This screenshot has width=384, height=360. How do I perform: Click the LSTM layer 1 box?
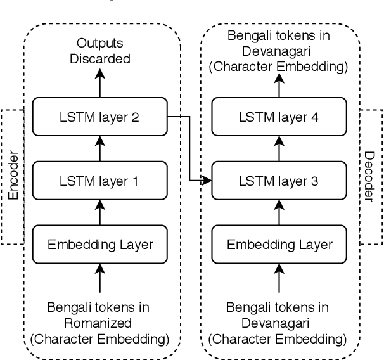[x=98, y=181]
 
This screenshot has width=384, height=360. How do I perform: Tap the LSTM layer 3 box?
[x=279, y=181]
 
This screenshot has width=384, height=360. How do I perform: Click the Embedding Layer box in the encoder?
[x=98, y=244]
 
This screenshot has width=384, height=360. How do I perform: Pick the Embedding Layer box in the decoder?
[x=279, y=244]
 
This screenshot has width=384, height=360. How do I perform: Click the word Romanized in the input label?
[x=98, y=323]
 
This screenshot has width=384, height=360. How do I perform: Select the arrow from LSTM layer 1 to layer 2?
[x=98, y=150]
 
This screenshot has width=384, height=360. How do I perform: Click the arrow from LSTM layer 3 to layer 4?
[x=279, y=150]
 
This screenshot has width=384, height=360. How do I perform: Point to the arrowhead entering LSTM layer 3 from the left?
[x=207, y=181]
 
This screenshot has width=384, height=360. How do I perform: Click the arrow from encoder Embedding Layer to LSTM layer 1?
[x=98, y=212]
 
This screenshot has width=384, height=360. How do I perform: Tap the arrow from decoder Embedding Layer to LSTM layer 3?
[x=279, y=212]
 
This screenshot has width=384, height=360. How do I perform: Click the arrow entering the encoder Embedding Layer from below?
[x=98, y=278]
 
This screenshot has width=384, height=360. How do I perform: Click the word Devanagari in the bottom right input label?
[x=279, y=323]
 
